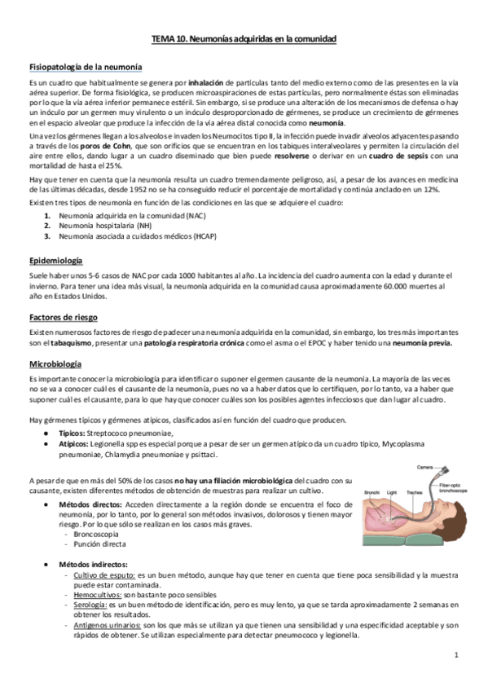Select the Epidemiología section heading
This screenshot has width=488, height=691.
55,260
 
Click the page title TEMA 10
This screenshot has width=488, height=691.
244,38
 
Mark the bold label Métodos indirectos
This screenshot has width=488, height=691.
94,564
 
